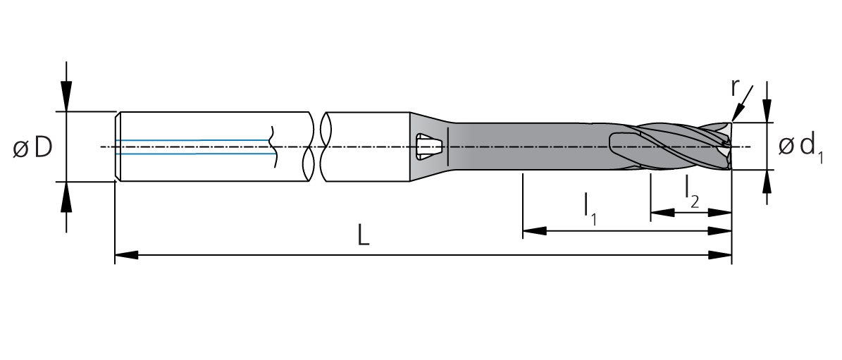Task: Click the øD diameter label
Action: (x=32, y=148)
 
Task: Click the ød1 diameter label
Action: (x=800, y=147)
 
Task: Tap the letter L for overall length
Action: (x=364, y=235)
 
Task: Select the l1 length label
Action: (x=590, y=206)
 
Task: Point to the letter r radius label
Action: (x=736, y=88)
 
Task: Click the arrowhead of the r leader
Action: (x=736, y=113)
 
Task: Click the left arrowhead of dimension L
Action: (x=126, y=255)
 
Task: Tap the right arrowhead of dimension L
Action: (x=720, y=255)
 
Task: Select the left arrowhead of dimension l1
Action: (x=534, y=231)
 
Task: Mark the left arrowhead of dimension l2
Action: (x=662, y=213)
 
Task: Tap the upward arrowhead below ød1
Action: (x=767, y=181)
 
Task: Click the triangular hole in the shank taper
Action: (x=430, y=146)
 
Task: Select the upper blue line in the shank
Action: (x=193, y=141)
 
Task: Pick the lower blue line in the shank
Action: (x=193, y=154)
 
